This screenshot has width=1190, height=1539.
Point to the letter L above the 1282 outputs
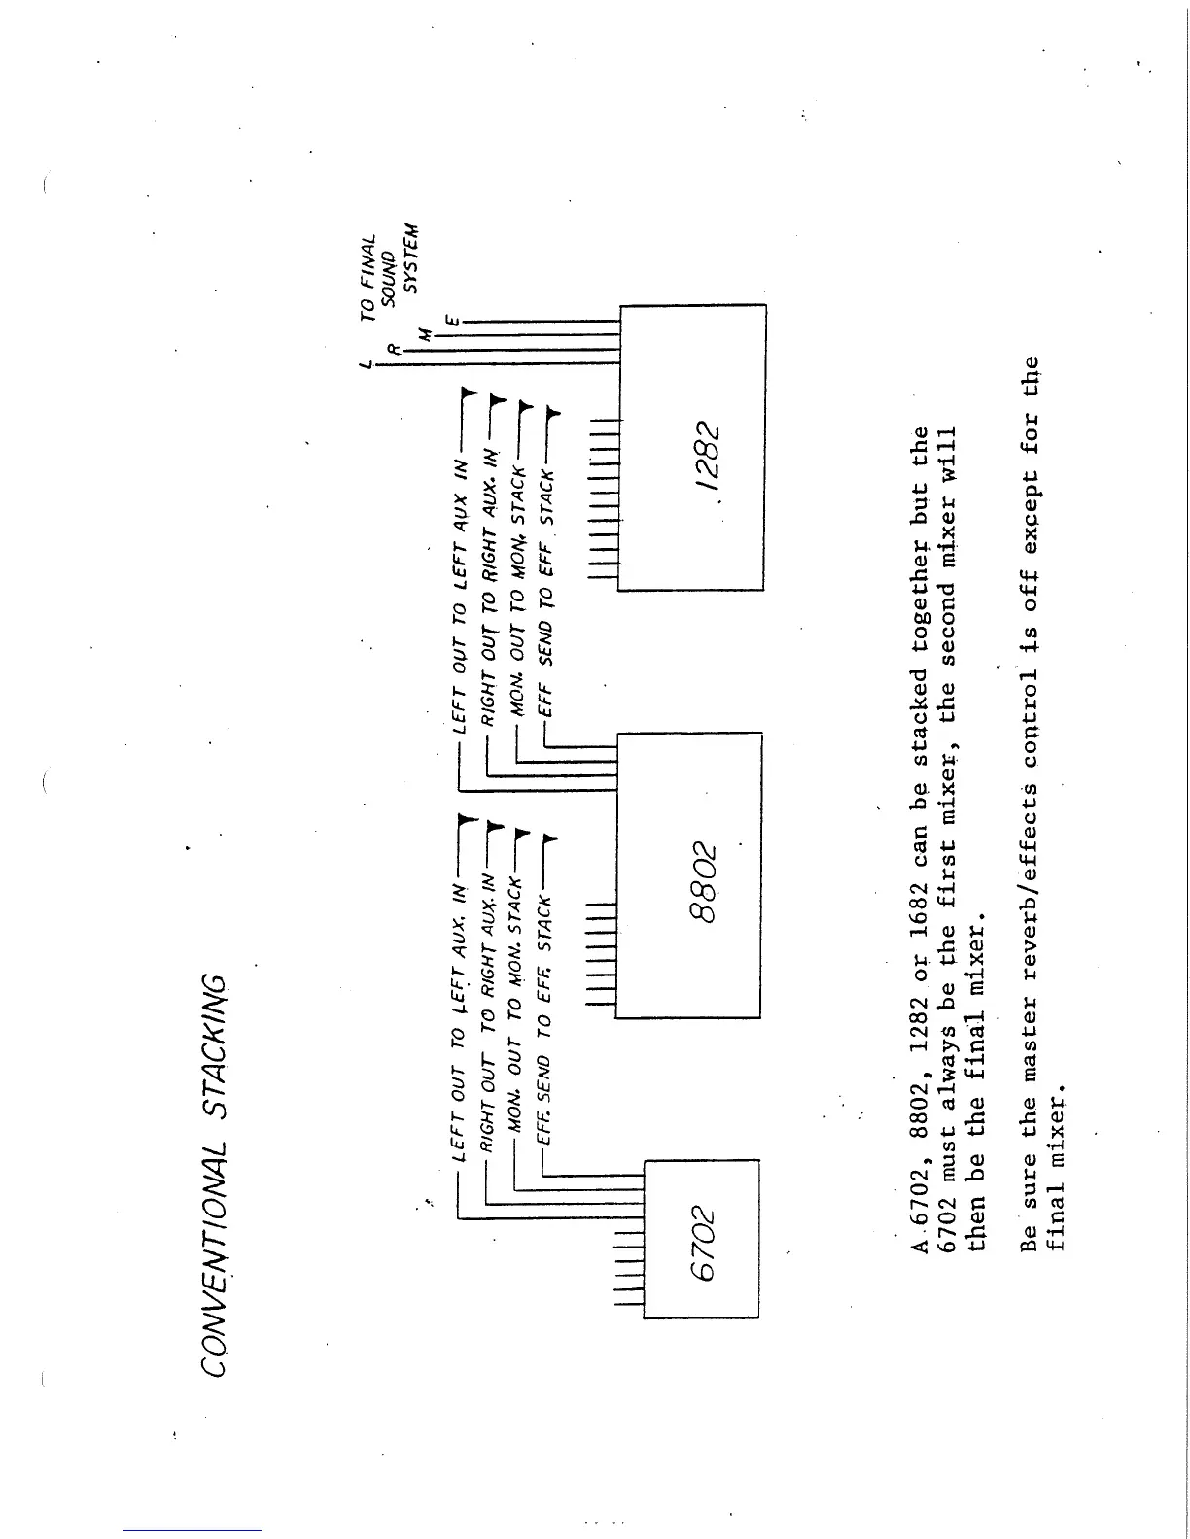click(365, 363)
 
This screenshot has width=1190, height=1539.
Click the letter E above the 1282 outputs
click(451, 319)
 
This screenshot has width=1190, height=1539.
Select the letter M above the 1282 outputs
click(423, 334)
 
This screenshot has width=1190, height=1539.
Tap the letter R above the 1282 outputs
click(392, 348)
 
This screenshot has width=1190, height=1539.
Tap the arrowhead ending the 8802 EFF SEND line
click(552, 414)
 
